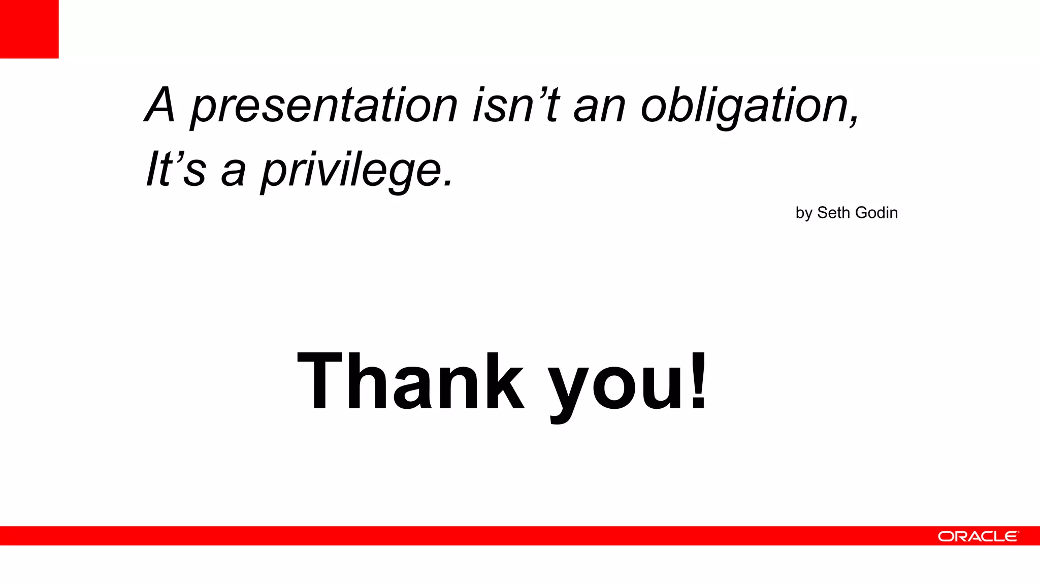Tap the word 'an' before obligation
(599, 108)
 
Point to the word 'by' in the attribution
(804, 213)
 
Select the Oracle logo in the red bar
(978, 536)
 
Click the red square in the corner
(29, 29)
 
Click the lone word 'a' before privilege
(233, 173)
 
